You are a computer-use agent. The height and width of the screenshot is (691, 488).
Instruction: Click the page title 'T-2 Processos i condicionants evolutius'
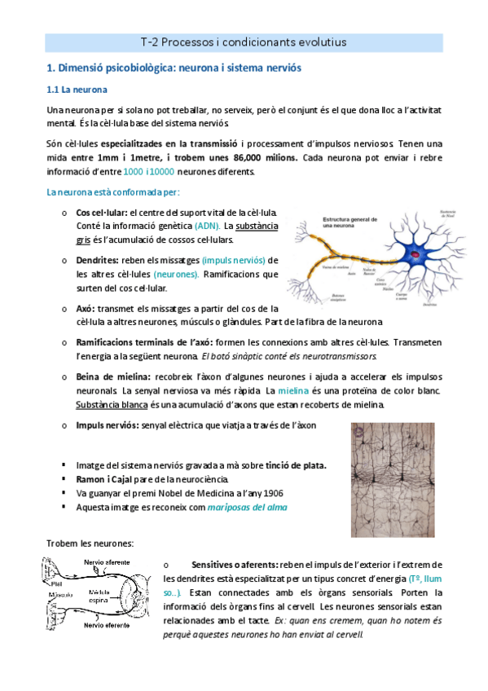(x=244, y=42)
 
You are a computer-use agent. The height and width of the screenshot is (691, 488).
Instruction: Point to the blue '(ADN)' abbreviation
(x=206, y=226)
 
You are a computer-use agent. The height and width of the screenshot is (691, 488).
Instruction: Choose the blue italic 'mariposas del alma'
(x=247, y=507)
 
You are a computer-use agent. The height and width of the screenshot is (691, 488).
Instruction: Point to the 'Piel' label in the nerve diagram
(x=57, y=583)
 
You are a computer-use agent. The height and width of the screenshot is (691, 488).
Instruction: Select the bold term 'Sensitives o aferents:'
(x=235, y=565)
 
